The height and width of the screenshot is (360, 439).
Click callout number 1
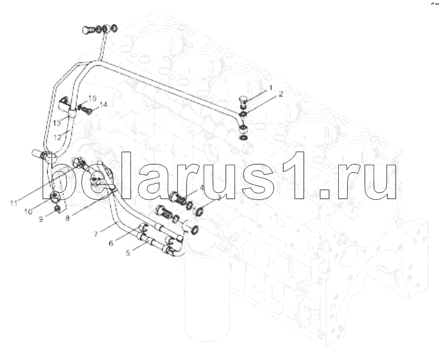270,88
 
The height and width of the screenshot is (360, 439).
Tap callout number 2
281,94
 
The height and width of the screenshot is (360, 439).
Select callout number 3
219,197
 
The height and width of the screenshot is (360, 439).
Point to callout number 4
202,188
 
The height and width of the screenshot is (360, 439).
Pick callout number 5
128,253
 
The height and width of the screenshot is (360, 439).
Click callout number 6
111,243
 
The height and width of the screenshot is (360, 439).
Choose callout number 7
96,234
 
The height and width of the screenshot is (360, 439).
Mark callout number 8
67,218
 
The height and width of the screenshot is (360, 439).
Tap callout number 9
41,219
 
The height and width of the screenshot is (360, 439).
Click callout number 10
28,212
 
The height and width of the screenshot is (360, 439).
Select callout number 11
14,203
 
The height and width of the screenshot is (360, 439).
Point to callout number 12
57,138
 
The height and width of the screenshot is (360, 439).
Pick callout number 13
57,123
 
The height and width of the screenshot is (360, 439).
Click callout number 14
103,105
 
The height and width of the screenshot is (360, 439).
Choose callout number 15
92,98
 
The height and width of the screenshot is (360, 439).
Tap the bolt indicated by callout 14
86,111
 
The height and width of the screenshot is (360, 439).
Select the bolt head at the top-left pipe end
87,30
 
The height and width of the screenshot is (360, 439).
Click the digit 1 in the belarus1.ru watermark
293,176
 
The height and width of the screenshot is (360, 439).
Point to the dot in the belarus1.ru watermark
325,193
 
